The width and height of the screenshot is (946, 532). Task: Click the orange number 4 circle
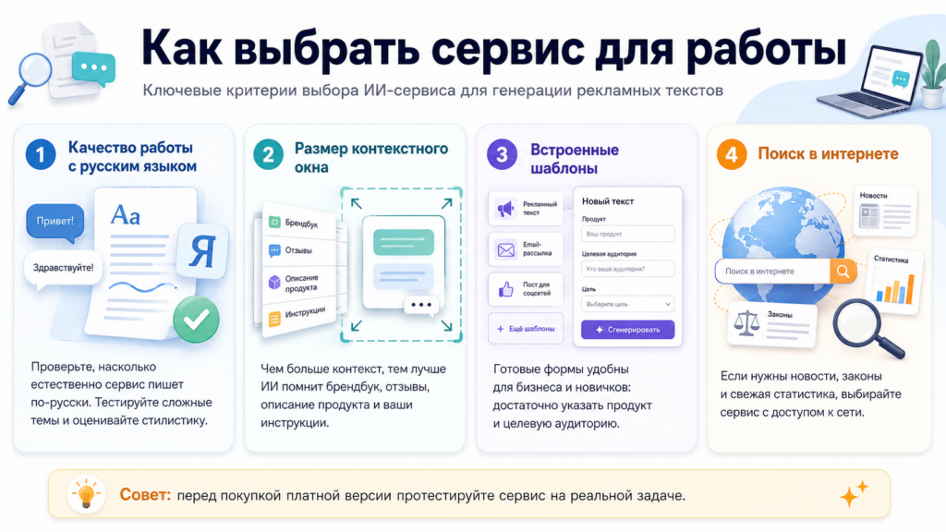[x=732, y=154]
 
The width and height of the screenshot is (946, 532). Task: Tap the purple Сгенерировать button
[x=627, y=330]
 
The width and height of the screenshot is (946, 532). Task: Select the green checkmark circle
[x=196, y=320]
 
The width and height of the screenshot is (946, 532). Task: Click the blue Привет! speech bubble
[x=55, y=222]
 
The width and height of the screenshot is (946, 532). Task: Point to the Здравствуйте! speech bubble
[x=63, y=269]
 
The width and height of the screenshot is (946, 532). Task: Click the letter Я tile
[x=202, y=251]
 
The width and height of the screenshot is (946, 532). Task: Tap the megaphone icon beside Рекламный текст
[x=505, y=209]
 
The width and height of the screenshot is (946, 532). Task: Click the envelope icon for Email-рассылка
[x=505, y=249]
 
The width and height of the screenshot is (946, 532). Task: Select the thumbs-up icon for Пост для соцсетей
[x=505, y=289]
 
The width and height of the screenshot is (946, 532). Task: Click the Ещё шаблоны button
[x=526, y=329]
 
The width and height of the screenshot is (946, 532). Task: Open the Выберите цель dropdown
[x=627, y=304]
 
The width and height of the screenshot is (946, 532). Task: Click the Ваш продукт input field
[x=627, y=234]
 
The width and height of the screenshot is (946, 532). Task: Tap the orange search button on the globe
[x=843, y=272]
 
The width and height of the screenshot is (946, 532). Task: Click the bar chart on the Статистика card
[x=894, y=288]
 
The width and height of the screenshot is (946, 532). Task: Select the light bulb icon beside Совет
[x=86, y=495]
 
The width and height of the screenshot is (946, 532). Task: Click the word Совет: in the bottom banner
[x=145, y=495]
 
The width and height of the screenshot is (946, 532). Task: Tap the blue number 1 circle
[x=41, y=154]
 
